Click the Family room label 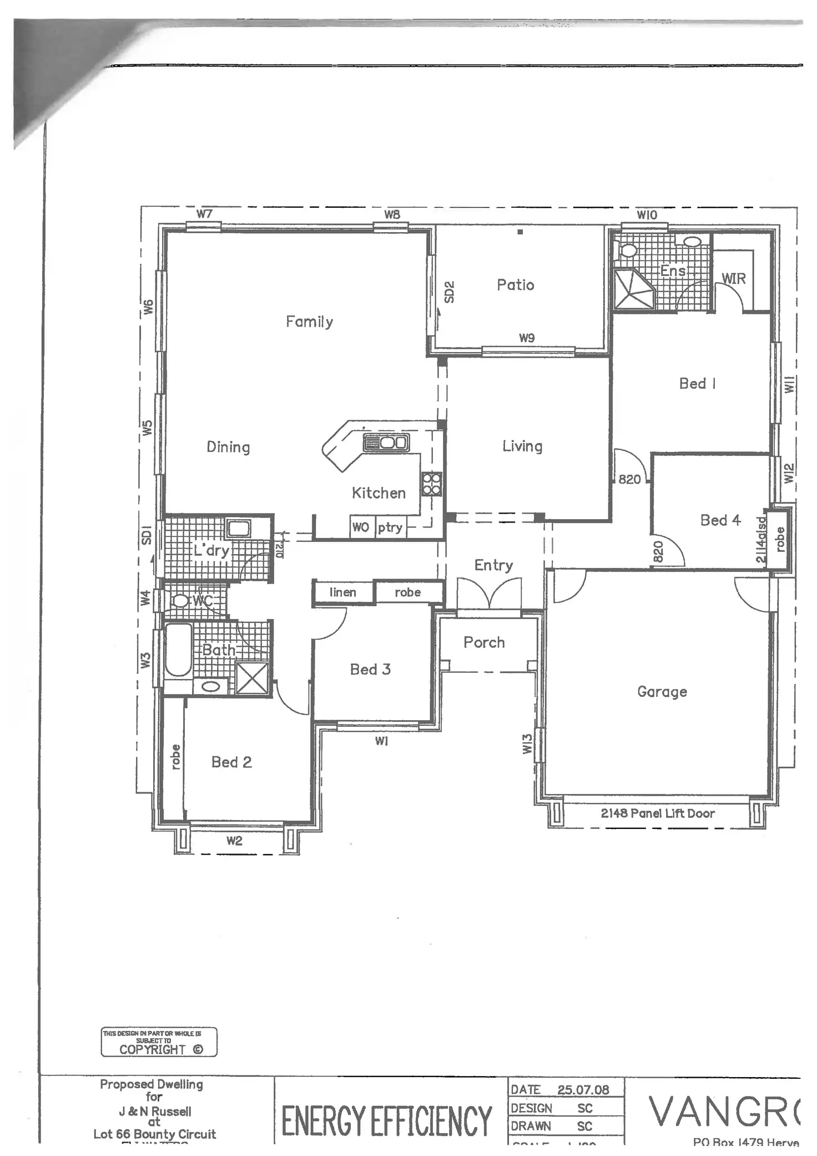pos(309,321)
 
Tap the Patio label pos(515,285)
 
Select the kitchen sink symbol pos(386,443)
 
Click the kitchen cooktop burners pos(431,484)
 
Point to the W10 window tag pos(647,215)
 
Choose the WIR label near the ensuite pos(733,279)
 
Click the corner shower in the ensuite pos(633,289)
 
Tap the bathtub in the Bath pos(178,649)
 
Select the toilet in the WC pos(179,601)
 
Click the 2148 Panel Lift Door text pos(658,813)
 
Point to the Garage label pos(662,692)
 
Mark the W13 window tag pos(527,744)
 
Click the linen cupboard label pos(342,592)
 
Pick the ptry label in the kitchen pos(390,527)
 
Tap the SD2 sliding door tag pos(450,292)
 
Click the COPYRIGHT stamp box pos(159,1042)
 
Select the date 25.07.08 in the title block pos(583,1090)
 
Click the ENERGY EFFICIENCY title pos(386,1120)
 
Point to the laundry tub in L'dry pos(238,527)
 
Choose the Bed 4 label pos(720,520)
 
